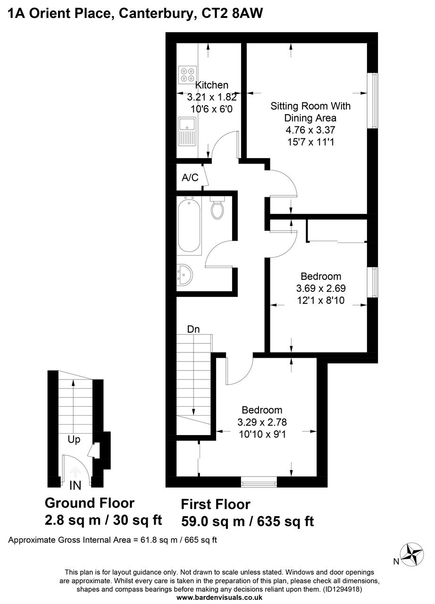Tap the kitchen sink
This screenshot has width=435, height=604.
pyautogui.click(x=187, y=131)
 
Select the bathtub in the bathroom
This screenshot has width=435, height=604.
pyautogui.click(x=189, y=225)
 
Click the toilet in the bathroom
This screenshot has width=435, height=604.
pyautogui.click(x=217, y=208)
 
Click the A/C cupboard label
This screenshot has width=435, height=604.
pyautogui.click(x=189, y=178)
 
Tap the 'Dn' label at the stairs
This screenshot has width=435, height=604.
pyautogui.click(x=193, y=329)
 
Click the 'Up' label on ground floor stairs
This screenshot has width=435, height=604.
pyautogui.click(x=74, y=439)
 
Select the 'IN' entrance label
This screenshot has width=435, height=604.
pyautogui.click(x=75, y=486)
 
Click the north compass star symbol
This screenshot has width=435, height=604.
pyautogui.click(x=411, y=553)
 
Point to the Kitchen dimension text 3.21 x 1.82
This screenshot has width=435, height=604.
pyautogui.click(x=212, y=98)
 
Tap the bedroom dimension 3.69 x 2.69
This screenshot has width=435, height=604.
pyautogui.click(x=320, y=288)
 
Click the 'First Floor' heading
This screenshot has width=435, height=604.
pyautogui.click(x=216, y=504)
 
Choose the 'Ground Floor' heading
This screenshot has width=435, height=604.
pyautogui.click(x=90, y=503)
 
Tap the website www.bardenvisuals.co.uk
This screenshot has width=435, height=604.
pyautogui.click(x=219, y=597)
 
